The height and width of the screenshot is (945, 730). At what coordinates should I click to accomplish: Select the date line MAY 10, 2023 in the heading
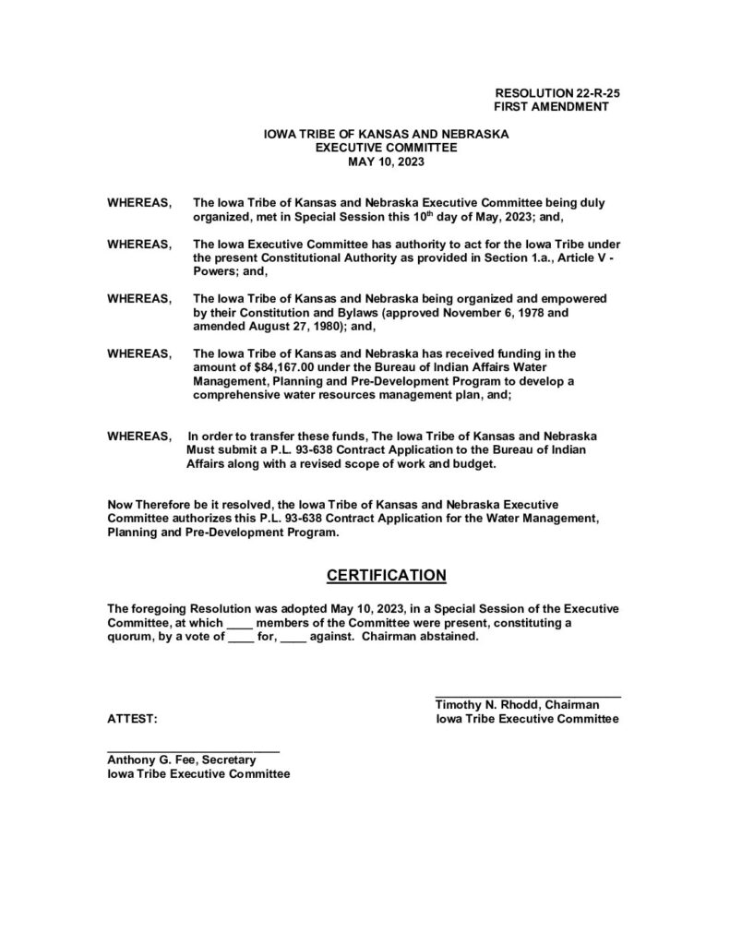387,161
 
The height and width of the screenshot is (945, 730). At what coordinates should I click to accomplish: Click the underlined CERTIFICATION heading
387,576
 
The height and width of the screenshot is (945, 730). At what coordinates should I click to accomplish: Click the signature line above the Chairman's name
528,695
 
